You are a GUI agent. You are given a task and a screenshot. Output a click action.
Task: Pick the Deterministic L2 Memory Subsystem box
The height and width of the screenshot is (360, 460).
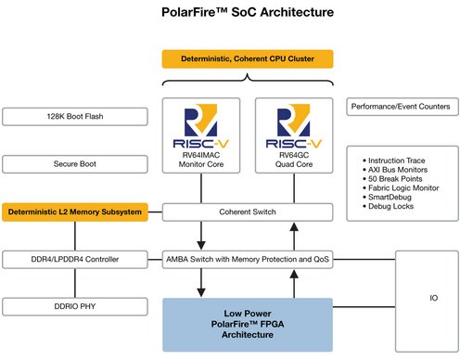(75, 212)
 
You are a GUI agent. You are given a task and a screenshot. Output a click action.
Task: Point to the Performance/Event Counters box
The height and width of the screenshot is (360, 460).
(400, 107)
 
